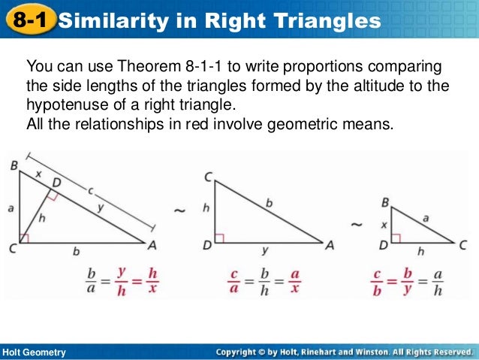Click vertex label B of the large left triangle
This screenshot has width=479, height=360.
coord(14,165)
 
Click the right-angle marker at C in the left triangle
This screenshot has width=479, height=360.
coord(24,238)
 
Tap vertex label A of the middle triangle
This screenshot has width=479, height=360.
coord(330,244)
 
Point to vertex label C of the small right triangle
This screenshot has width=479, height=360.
coord(463,244)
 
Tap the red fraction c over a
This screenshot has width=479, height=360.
coord(234,280)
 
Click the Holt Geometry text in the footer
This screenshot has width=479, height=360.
coord(34,352)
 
